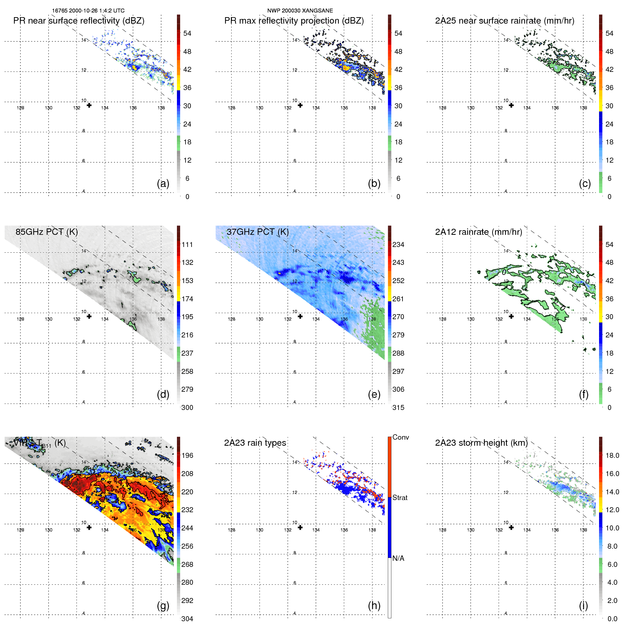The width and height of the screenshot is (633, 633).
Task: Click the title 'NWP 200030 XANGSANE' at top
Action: pyautogui.click(x=300, y=11)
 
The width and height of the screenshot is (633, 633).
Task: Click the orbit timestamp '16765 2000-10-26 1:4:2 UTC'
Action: pyautogui.click(x=88, y=11)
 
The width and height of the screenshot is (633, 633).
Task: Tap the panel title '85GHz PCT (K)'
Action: pyautogui.click(x=46, y=232)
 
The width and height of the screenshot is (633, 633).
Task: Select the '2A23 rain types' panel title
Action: pyautogui.click(x=255, y=443)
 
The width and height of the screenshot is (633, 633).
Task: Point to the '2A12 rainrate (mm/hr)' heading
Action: pyautogui.click(x=479, y=232)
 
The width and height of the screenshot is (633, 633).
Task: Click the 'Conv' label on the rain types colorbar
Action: pyautogui.click(x=400, y=437)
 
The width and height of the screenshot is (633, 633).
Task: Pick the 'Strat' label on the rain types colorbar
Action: pyautogui.click(x=400, y=498)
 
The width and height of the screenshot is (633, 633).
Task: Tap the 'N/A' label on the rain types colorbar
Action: pyautogui.click(x=398, y=558)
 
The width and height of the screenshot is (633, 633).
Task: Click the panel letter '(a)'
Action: pyautogui.click(x=163, y=183)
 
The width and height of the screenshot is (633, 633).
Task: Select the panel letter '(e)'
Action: pyautogui.click(x=374, y=394)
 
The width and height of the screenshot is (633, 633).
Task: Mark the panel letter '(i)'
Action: pyautogui.click(x=583, y=605)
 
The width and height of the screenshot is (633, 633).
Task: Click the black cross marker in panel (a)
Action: pyautogui.click(x=89, y=105)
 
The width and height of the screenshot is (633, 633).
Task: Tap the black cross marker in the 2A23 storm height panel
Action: pyautogui.click(x=511, y=528)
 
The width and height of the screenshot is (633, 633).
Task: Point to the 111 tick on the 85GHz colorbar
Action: pyautogui.click(x=187, y=245)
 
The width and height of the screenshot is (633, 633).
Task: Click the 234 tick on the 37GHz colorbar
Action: pyautogui.click(x=398, y=245)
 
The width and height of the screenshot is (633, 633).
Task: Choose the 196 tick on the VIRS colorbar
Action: pyautogui.click(x=187, y=456)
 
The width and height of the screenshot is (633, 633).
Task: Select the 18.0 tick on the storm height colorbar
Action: pyautogui.click(x=612, y=456)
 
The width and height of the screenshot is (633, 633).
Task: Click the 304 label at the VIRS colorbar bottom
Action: pyautogui.click(x=187, y=619)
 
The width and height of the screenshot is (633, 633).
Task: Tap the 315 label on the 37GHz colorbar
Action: pyautogui.click(x=398, y=408)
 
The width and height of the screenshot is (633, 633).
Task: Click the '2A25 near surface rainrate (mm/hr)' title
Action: pyautogui.click(x=505, y=21)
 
